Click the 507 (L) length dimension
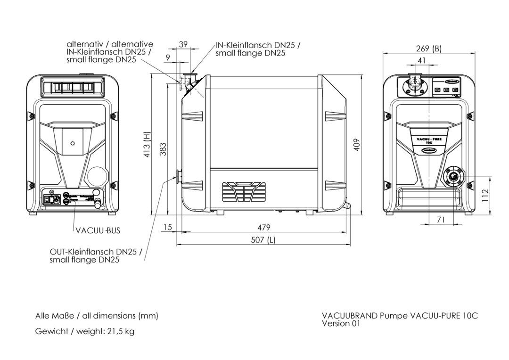(264, 240)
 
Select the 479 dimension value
(264, 228)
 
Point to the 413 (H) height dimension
(147, 144)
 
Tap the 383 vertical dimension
(163, 149)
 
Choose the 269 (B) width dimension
(429, 49)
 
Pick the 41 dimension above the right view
(421, 60)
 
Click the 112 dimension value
(486, 195)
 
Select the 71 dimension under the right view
(441, 220)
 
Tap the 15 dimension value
(167, 228)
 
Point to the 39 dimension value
(183, 44)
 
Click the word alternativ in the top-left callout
(86, 44)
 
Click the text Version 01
(341, 323)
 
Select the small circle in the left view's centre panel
(72, 143)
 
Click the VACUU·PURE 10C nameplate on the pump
(428, 141)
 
